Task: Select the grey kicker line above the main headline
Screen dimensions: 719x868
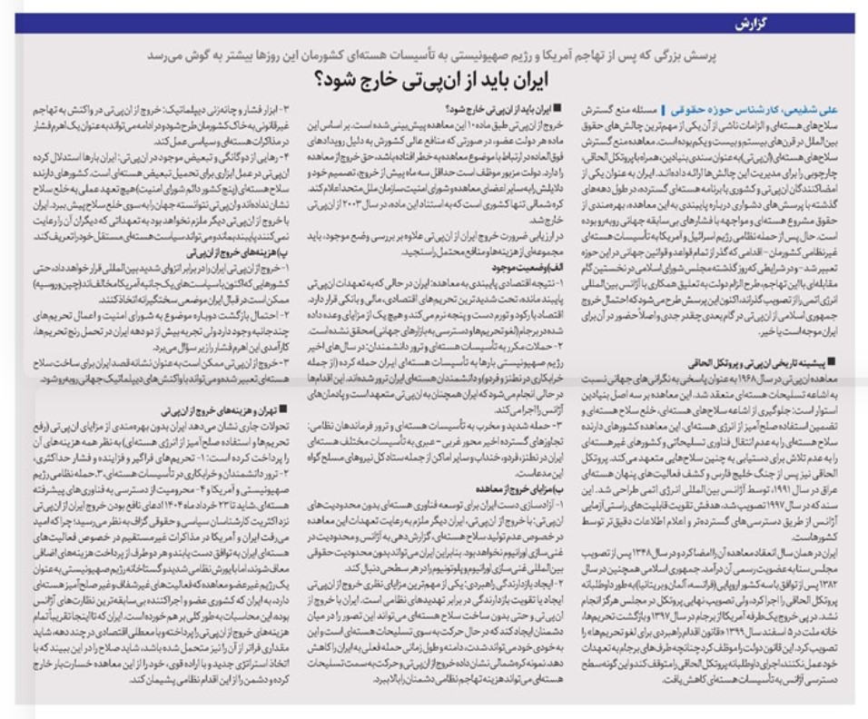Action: (x=435, y=55)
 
